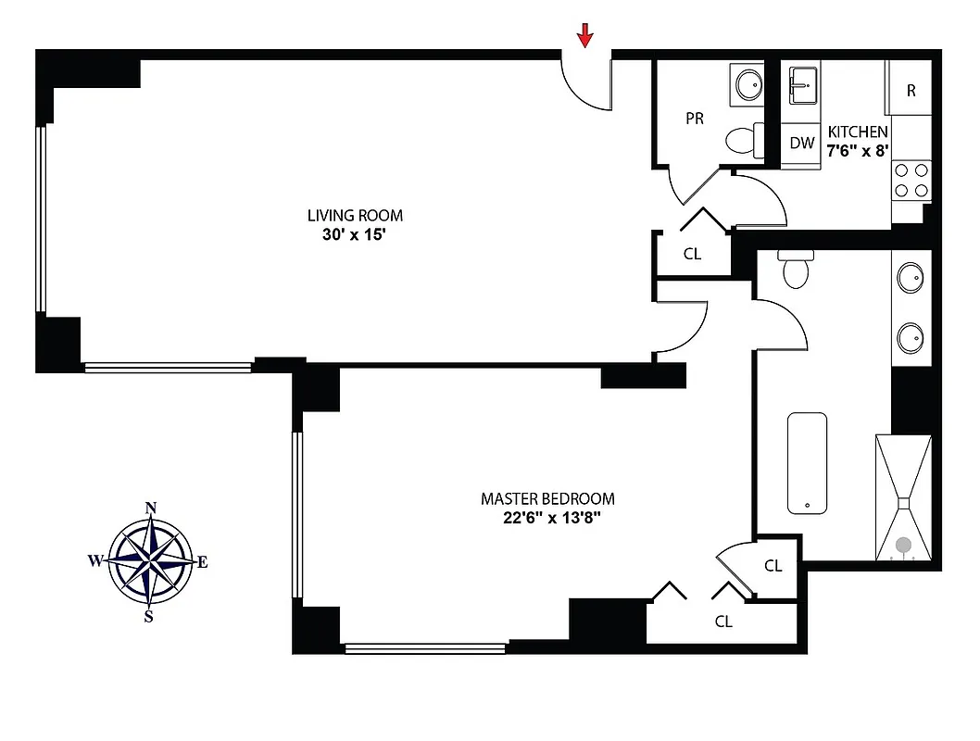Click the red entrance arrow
click(584, 35)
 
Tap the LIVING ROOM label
click(355, 216)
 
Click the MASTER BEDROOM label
click(547, 498)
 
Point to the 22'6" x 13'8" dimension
click(547, 518)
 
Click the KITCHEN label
click(858, 132)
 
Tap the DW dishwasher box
click(802, 144)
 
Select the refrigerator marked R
click(911, 90)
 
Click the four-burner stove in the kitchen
click(911, 181)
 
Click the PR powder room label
click(694, 119)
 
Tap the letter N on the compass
click(150, 508)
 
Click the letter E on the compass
click(203, 561)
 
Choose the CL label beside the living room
click(692, 254)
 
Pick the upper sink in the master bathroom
click(911, 277)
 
